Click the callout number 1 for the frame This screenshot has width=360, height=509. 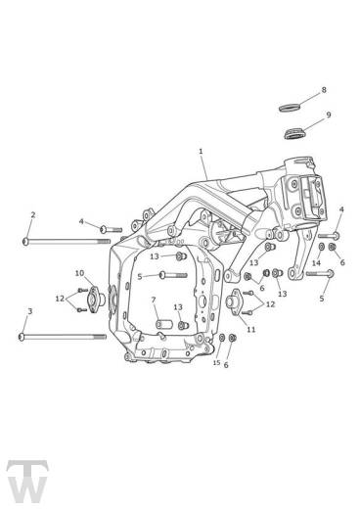201,152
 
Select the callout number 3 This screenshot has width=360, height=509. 30,311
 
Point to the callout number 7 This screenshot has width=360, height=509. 154,300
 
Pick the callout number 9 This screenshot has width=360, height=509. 328,115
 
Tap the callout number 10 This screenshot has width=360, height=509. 79,274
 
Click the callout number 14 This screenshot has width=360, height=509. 315,263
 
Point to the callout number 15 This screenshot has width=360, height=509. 218,362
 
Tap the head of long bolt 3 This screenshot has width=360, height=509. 22,337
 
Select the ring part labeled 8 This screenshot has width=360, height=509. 291,105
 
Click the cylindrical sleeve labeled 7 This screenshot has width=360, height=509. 158,320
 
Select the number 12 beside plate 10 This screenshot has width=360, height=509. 59,298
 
